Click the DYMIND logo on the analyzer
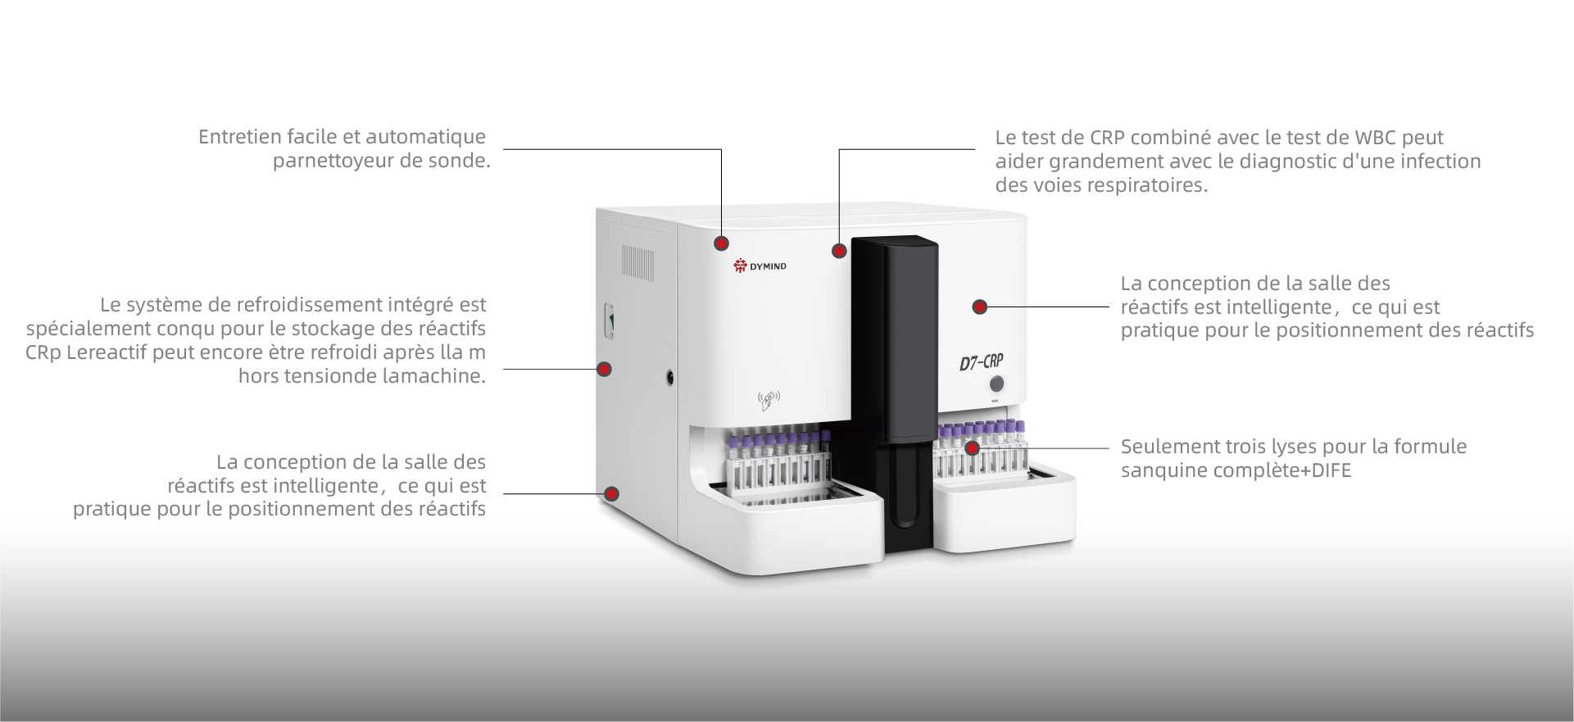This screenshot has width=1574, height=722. click(760, 266)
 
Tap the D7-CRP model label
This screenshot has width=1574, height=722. click(981, 361)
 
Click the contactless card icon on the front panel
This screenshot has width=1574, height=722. click(769, 401)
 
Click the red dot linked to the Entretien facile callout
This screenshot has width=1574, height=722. click(721, 243)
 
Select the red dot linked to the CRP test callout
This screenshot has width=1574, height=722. click(839, 251)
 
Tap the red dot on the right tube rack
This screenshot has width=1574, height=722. click(973, 448)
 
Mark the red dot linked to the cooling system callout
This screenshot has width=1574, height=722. click(605, 369)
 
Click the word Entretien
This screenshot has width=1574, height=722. click(237, 137)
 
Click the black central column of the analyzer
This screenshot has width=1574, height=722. click(895, 393)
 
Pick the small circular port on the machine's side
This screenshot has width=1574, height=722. click(671, 377)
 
